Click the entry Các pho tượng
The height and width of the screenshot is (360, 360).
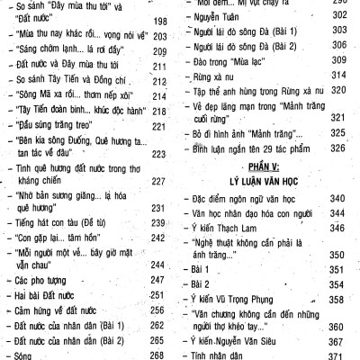[x=42, y=280]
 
